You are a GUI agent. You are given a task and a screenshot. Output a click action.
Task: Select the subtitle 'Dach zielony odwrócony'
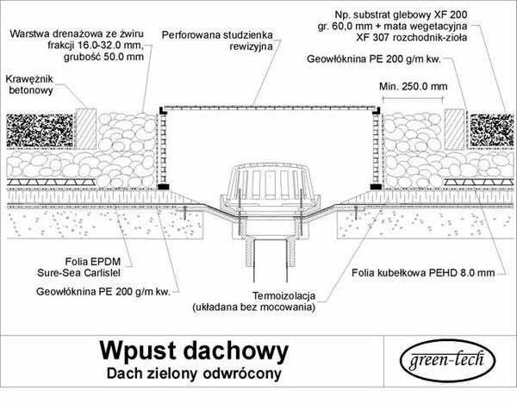194,374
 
